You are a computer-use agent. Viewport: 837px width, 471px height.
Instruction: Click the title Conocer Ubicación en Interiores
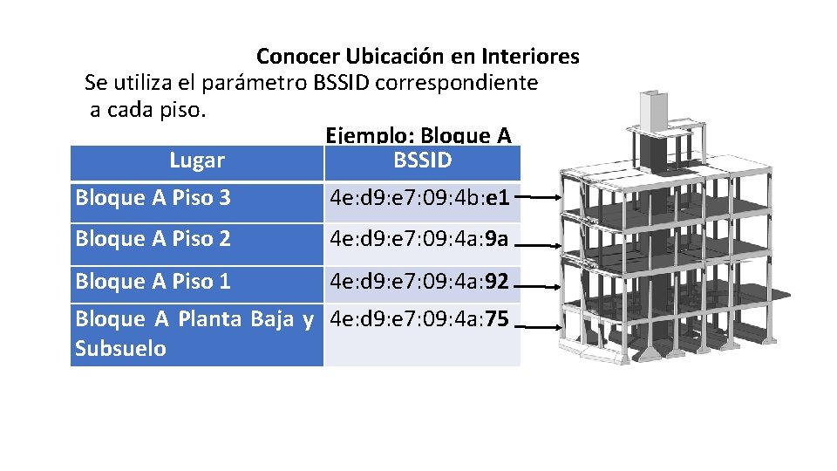pos(418,57)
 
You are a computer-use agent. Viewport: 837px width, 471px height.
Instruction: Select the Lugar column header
pos(197,160)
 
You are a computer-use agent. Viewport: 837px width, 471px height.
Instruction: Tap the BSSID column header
pos(423,160)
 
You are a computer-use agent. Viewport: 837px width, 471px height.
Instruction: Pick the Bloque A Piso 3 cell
pos(153,198)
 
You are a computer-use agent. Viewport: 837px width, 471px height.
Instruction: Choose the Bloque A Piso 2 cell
pos(153,239)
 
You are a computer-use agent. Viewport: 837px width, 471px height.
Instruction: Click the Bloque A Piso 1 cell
pos(153,281)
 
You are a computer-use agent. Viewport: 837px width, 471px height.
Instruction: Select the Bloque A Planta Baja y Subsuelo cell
pos(194,333)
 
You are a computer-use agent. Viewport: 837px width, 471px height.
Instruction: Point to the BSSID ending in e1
pos(419,198)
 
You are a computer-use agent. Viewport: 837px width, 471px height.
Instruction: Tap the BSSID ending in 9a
pos(419,239)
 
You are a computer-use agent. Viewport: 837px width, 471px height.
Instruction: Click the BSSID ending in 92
pos(419,281)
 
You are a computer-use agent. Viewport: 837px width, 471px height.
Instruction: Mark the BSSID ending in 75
pos(419,319)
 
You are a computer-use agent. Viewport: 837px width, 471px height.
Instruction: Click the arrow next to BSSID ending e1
pos(544,199)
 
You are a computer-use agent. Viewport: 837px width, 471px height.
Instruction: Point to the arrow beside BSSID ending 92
pos(544,283)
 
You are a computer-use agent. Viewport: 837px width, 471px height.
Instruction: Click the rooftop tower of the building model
pos(653,109)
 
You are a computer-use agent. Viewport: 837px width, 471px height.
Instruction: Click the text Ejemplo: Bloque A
pos(418,136)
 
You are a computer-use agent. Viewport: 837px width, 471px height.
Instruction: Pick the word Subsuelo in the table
pos(120,349)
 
